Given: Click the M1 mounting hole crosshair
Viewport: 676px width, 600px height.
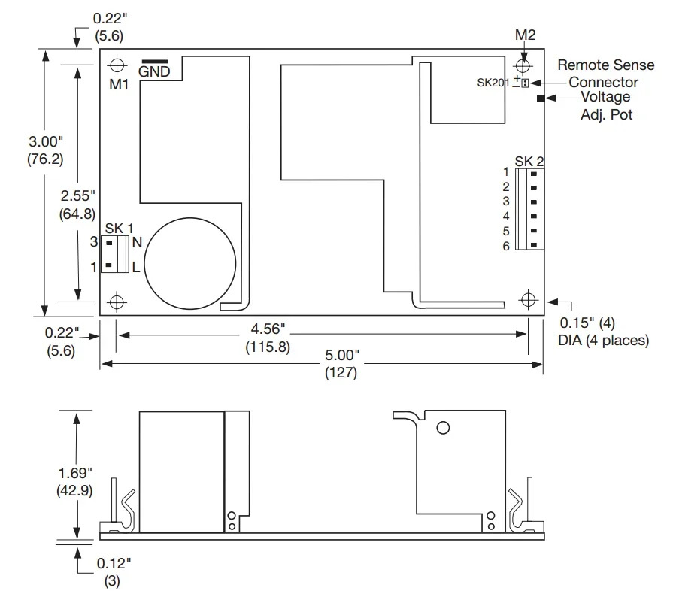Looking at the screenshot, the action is tap(117, 65).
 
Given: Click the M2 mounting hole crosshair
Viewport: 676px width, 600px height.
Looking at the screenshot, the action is tap(523, 66).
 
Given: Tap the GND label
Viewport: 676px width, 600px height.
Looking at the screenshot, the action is tap(154, 71).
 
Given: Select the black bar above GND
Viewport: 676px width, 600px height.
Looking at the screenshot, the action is tap(155, 62).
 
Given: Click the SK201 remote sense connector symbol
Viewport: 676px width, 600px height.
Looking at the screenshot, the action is tap(525, 83).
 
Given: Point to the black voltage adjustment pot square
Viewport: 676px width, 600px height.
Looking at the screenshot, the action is tap(541, 98).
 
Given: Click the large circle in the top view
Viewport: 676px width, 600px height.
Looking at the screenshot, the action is tap(190, 263).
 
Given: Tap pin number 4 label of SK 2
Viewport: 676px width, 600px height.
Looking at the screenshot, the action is tap(506, 216).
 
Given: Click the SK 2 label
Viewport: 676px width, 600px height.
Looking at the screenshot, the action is tap(529, 161).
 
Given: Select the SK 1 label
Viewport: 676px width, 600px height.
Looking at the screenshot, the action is tap(119, 229).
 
